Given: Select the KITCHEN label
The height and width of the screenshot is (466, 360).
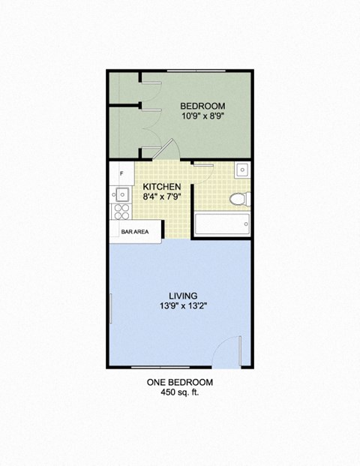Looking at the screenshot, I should (x=162, y=186).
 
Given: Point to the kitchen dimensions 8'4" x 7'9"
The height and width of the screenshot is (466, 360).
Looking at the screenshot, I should (x=162, y=197).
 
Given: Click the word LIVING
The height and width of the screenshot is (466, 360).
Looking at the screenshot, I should (x=180, y=294).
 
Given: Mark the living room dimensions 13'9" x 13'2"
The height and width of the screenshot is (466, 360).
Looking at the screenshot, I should (x=180, y=306).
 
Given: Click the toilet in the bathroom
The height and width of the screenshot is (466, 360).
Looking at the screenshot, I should (x=239, y=199).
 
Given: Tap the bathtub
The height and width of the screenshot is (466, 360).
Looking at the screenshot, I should (x=221, y=224).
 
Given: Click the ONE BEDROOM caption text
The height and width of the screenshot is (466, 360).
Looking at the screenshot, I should (x=179, y=382).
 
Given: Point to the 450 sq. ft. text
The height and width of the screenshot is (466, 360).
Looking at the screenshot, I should (x=179, y=393).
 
